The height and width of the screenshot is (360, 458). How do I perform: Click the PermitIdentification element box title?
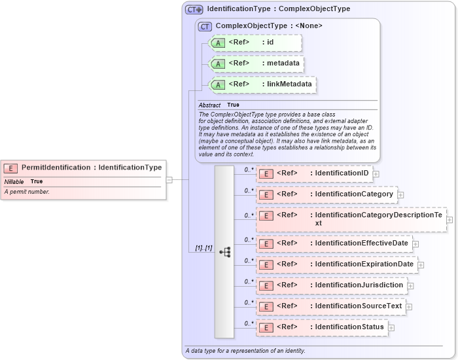pos(91,168)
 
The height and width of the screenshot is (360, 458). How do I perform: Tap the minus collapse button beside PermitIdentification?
pos(169,179)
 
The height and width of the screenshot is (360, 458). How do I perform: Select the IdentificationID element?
pos(315,173)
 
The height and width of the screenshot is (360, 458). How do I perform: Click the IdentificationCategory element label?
pos(326,194)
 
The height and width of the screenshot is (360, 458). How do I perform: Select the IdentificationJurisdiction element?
pos(331,285)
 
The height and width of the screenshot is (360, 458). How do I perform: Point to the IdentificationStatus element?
pos(322,327)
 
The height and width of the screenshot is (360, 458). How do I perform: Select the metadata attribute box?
pos(256,64)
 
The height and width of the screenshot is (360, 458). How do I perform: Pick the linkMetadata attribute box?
pos(262,84)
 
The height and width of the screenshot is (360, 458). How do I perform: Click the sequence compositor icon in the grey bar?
pos(224,252)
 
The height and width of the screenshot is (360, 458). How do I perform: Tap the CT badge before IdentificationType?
pos(194,9)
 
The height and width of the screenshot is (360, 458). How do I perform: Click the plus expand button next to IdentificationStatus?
pos(391,327)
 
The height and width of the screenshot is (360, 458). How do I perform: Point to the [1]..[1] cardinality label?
pos(203,248)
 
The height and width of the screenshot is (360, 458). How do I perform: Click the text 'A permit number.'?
pos(27,192)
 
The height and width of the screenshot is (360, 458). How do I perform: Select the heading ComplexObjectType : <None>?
pos(259,26)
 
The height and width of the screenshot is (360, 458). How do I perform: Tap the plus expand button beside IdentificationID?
pos(376,174)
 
